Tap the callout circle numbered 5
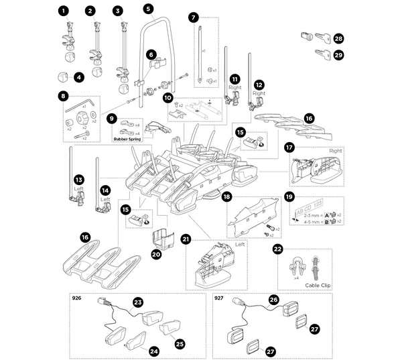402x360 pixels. click(x=148, y=11)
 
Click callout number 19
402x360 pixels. click(x=289, y=197)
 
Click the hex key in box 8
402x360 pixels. click(x=75, y=106)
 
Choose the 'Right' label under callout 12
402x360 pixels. click(x=259, y=94)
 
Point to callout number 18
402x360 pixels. click(x=227, y=197)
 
